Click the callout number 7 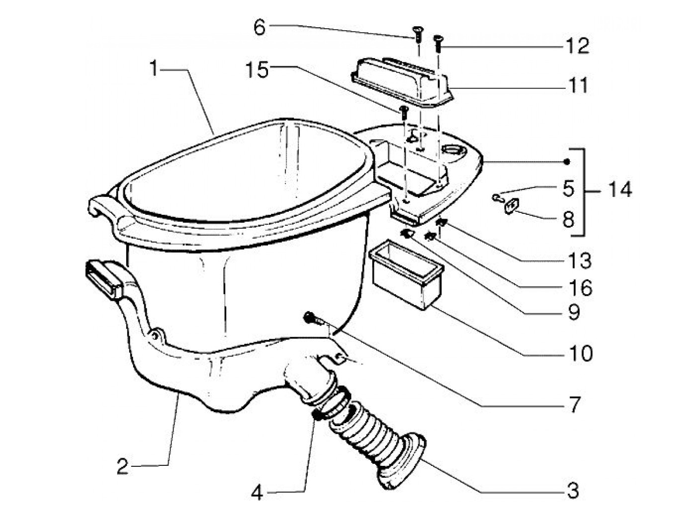pyautogui.click(x=575, y=405)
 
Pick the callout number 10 pyautogui.click(x=580, y=353)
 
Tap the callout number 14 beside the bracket pyautogui.click(x=618, y=189)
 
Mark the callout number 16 pyautogui.click(x=580, y=288)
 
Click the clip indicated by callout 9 pyautogui.click(x=407, y=233)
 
